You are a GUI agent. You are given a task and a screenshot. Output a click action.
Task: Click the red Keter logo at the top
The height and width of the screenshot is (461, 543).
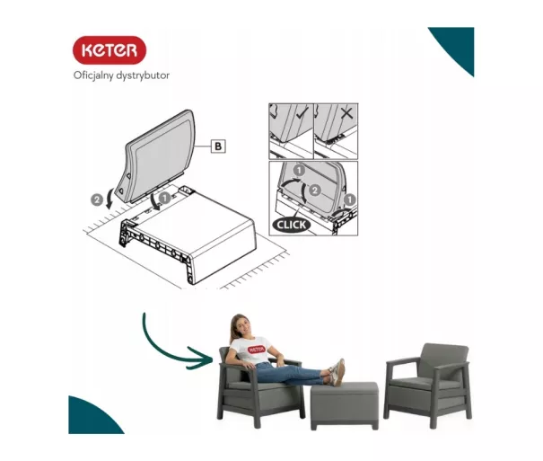[x=109, y=50]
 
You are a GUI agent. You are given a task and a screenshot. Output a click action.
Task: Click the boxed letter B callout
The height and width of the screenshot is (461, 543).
[x=218, y=146]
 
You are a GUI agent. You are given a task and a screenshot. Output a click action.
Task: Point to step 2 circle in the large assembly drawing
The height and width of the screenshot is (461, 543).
[x=97, y=200]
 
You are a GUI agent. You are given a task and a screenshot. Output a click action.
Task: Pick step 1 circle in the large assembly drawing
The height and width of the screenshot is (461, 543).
[x=165, y=198]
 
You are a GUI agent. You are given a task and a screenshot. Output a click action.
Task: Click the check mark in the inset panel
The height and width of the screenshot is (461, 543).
[x=302, y=113]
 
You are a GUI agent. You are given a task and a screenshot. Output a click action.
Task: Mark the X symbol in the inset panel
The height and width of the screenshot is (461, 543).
[x=346, y=113]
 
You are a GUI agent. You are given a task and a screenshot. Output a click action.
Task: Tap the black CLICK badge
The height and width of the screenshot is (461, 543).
[x=291, y=225]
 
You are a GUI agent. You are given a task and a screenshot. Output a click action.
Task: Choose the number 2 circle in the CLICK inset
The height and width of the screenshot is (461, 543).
[x=314, y=191]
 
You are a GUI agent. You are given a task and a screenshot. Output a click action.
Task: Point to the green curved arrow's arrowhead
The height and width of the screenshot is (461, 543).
[x=203, y=358]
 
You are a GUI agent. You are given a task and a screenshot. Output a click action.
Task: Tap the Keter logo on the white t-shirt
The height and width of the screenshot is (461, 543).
[x=257, y=349]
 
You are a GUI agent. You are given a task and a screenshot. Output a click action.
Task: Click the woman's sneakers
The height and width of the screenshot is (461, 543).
[x=337, y=373]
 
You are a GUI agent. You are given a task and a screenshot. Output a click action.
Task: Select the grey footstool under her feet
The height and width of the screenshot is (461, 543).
[x=345, y=405]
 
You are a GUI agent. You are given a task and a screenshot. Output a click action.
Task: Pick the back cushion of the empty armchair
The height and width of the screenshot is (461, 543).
[x=444, y=361]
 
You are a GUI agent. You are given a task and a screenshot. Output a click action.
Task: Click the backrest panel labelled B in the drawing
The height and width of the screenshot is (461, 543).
[x=158, y=156]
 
